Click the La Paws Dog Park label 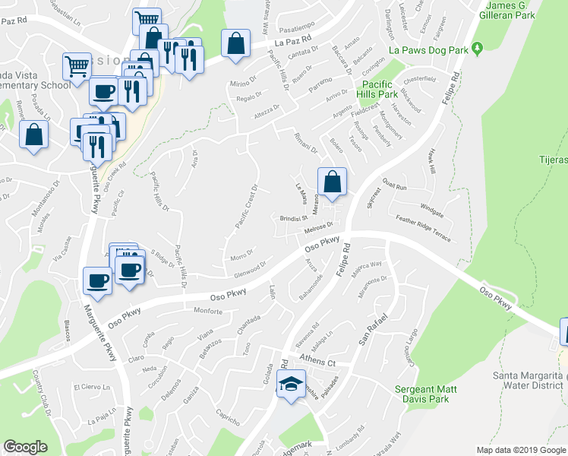pos(427,49)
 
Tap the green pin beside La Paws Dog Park pos(477,49)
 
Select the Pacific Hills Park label pos(380,89)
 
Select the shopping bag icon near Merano pos(332,182)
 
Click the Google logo pos(25,447)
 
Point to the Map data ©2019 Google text pos(519,450)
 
